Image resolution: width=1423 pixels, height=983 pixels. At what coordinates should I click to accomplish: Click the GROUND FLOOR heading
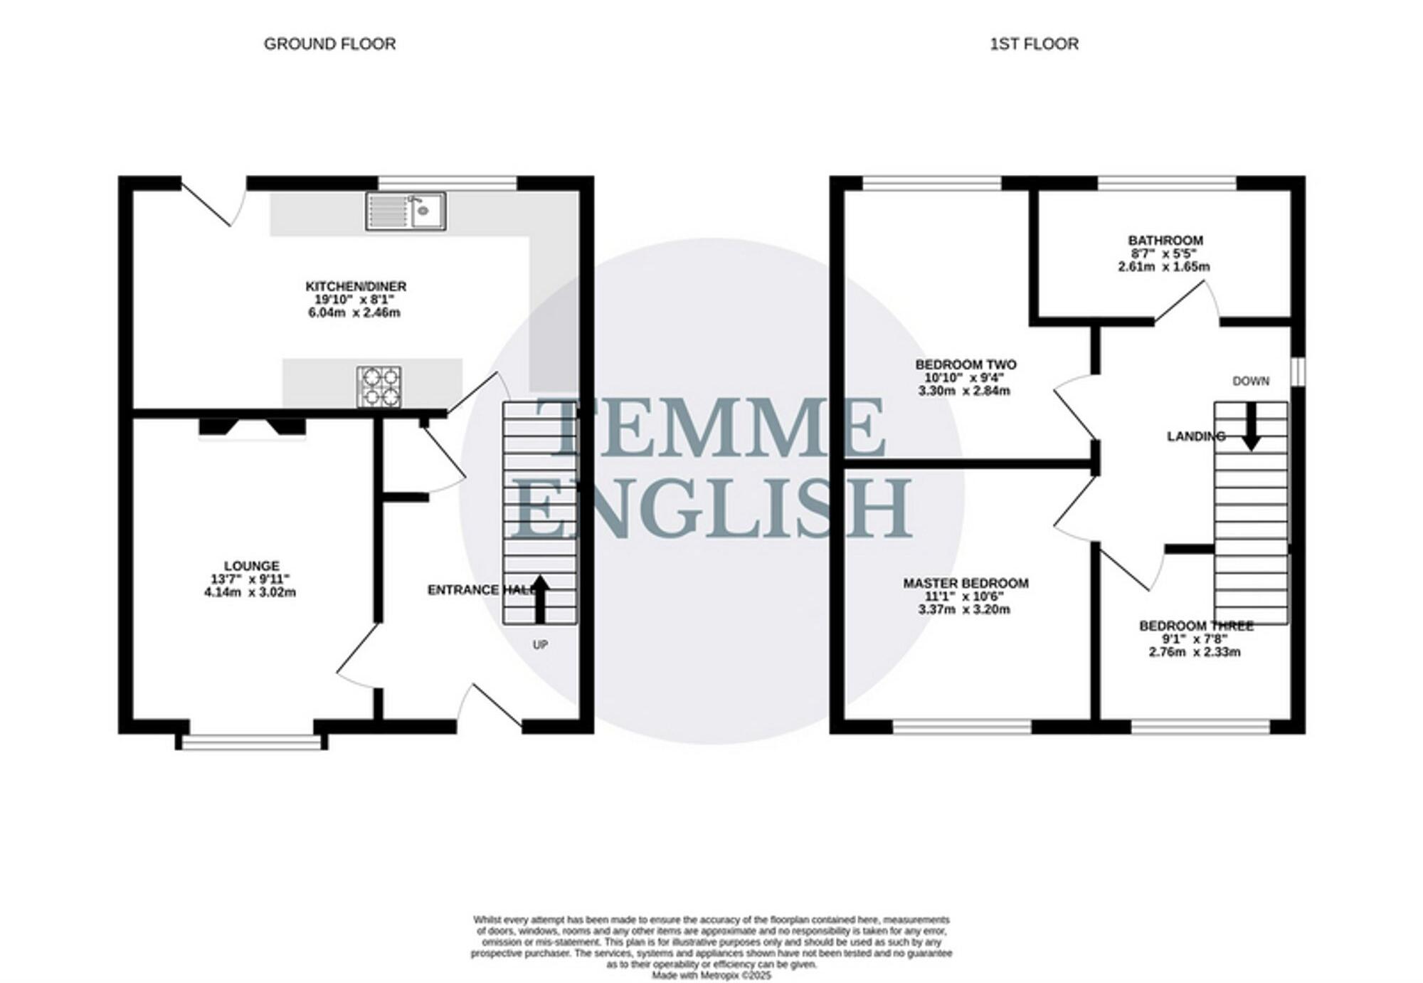tap(329, 44)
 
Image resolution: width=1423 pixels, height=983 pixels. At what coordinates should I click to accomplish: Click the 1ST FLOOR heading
tap(1034, 44)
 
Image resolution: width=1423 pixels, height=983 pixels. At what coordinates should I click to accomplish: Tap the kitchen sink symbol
tap(406, 211)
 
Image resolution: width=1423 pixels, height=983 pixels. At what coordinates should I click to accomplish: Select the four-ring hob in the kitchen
tap(379, 387)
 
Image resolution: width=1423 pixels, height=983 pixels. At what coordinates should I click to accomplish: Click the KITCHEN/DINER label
tap(356, 286)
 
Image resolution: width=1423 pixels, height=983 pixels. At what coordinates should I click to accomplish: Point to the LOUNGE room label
tap(251, 566)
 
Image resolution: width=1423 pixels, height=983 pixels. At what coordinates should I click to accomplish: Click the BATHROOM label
tap(1165, 241)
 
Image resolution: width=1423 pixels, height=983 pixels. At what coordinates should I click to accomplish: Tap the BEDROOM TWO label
tap(966, 364)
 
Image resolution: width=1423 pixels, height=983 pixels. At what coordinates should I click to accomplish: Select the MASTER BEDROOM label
tap(966, 583)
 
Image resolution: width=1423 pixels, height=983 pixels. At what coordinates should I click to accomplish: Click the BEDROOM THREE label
tap(1196, 626)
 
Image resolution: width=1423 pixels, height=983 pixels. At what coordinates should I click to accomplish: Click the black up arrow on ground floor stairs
tap(540, 599)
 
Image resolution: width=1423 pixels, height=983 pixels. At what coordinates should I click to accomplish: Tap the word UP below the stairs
tap(540, 645)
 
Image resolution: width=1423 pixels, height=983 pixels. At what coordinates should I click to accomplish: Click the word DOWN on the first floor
tap(1250, 382)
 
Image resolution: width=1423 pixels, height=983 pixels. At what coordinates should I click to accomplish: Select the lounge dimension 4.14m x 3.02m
tap(250, 592)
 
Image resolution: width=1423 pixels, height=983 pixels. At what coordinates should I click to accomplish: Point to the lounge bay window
tap(252, 743)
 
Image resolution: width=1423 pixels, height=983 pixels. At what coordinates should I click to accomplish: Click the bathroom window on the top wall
tap(1167, 183)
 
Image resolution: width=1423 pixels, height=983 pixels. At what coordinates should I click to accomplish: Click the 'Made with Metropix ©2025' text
tap(711, 975)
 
